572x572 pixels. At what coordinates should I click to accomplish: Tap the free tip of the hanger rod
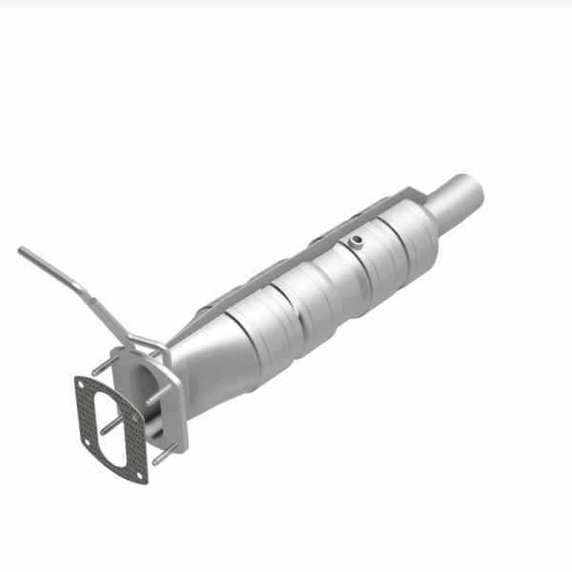[x=21, y=251]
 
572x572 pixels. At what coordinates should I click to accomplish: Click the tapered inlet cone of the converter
[x=205, y=357]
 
